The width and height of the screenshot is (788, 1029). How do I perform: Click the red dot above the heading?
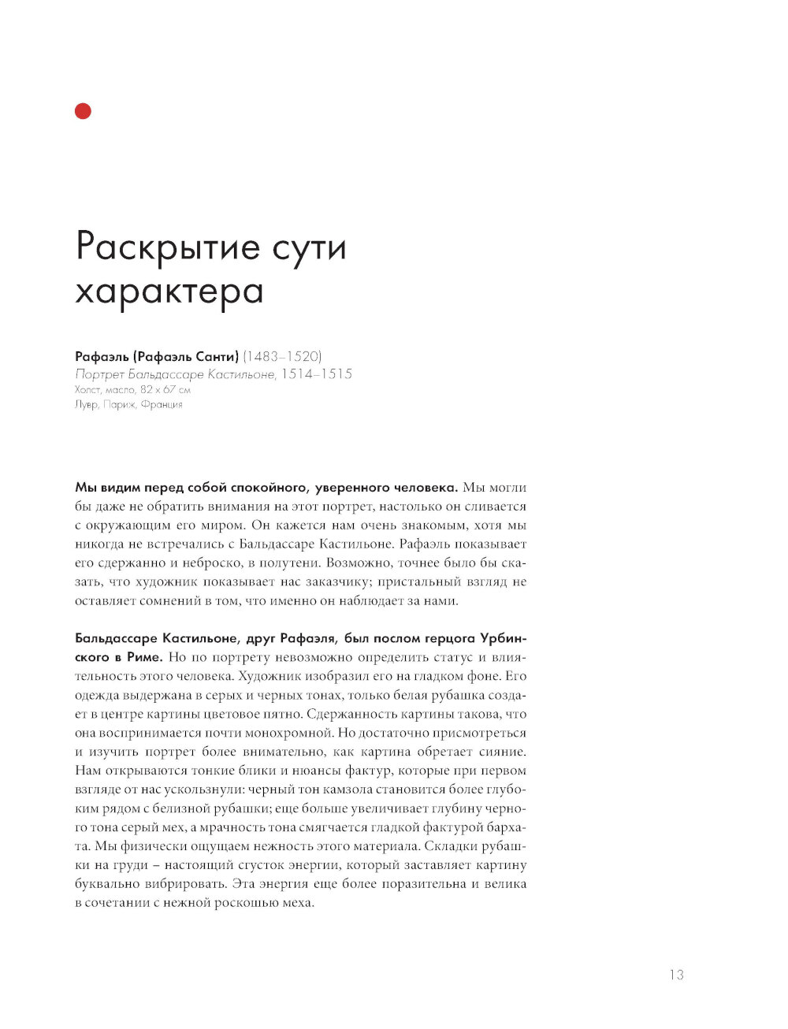tap(83, 111)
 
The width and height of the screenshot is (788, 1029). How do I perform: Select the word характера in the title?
tap(169, 292)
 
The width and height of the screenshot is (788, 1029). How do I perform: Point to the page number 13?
tap(676, 975)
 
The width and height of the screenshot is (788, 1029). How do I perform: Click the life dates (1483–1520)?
tap(282, 356)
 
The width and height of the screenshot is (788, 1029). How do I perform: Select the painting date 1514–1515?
tap(317, 373)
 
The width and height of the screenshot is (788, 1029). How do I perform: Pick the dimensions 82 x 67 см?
tap(165, 389)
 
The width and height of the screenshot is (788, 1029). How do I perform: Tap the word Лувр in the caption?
tap(86, 404)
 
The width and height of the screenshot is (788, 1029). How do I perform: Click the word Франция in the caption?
tap(162, 404)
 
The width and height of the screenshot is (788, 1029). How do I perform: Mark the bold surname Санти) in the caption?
tap(217, 356)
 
